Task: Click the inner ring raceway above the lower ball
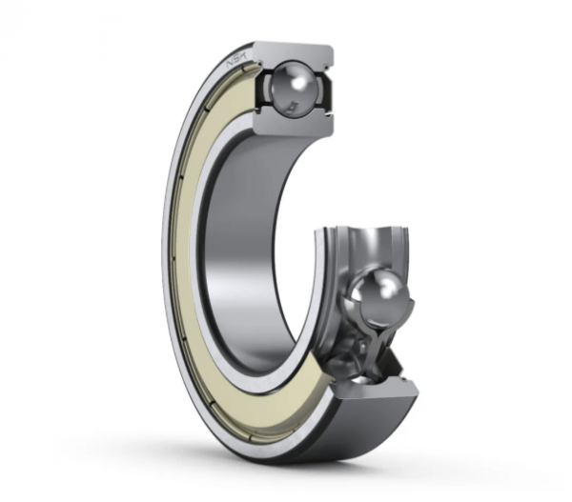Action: tap(367, 243)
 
